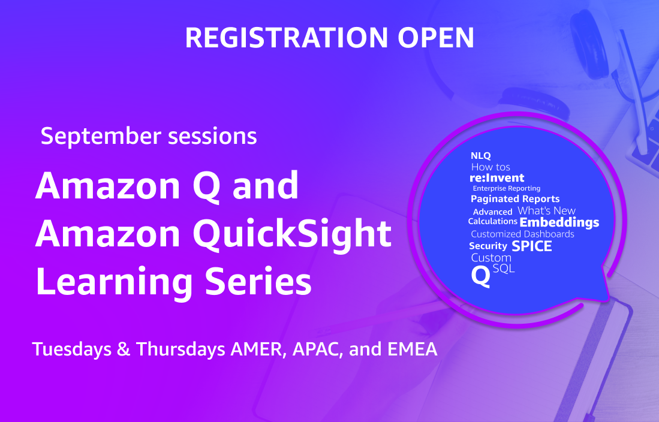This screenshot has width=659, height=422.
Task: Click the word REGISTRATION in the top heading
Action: point(287,38)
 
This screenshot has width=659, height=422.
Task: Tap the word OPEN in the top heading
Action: point(436,38)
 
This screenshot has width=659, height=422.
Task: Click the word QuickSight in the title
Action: point(292,234)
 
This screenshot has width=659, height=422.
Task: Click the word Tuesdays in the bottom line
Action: point(72,349)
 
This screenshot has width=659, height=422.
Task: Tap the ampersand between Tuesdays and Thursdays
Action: point(124,349)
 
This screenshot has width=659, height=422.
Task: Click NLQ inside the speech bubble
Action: point(481,156)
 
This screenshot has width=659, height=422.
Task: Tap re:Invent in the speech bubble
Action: point(496,178)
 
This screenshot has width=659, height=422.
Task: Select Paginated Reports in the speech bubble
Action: point(515,199)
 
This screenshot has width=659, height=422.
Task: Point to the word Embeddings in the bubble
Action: point(559,223)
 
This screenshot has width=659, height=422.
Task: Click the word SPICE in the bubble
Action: point(532,246)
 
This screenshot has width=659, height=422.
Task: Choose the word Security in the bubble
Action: point(488,246)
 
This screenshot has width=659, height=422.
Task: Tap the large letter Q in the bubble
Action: point(481,276)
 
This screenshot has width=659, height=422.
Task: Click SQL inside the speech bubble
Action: point(504,268)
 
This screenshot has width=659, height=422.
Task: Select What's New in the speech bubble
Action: point(546,210)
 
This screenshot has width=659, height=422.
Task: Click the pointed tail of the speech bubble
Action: point(607,299)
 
